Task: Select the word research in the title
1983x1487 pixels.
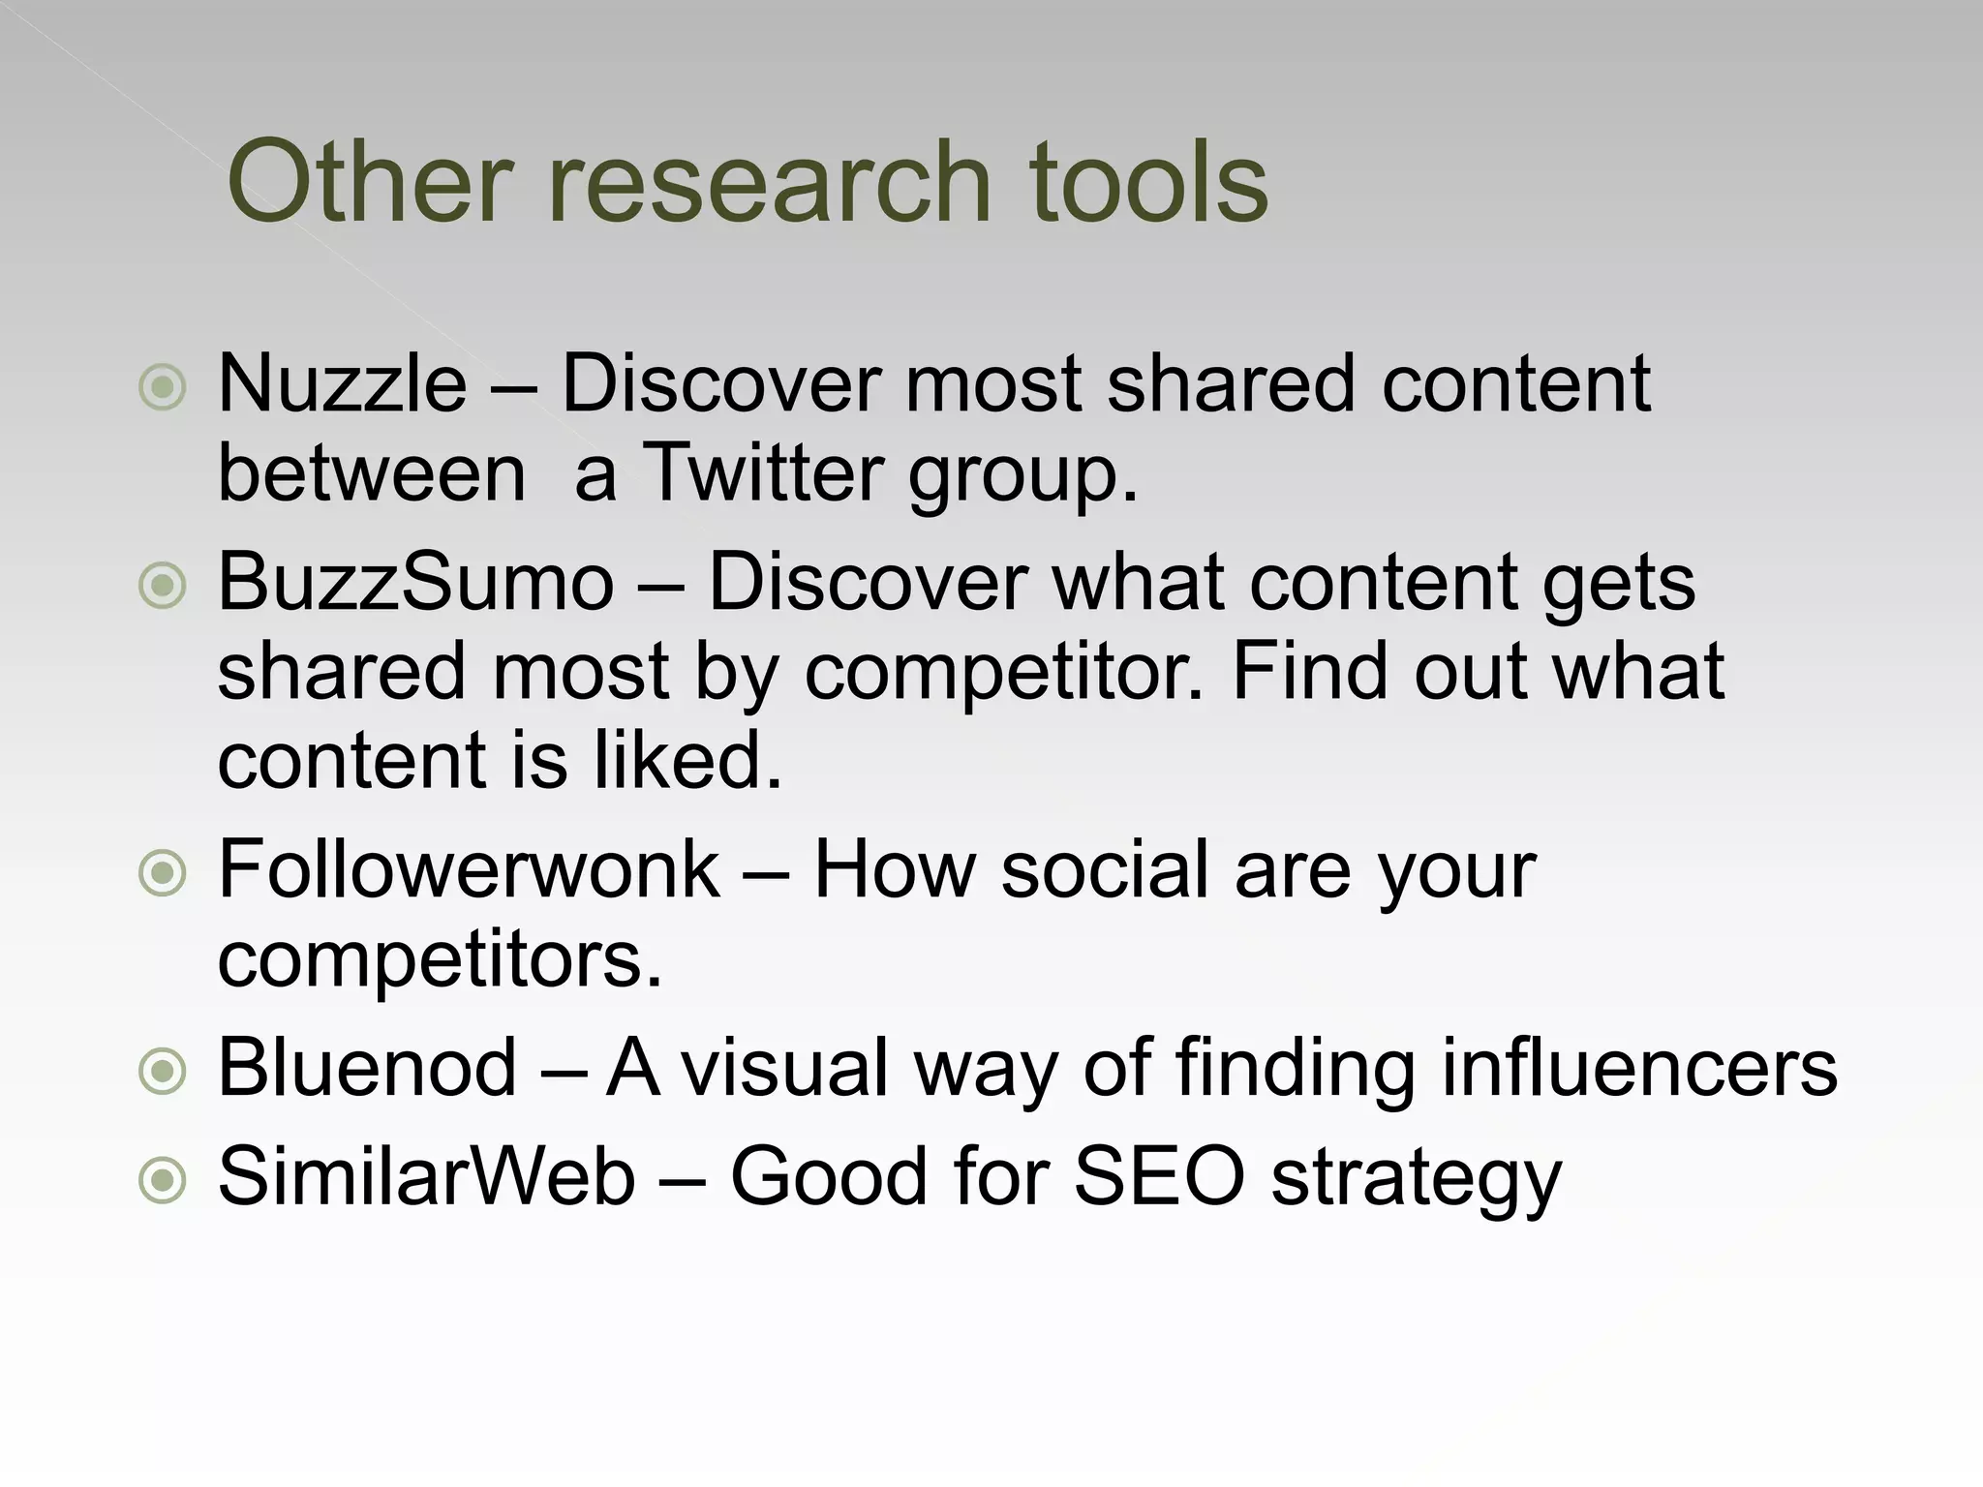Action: (770, 182)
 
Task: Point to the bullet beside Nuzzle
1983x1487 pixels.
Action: (163, 388)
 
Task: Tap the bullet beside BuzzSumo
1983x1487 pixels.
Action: (163, 586)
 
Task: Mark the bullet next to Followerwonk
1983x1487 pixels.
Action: (163, 874)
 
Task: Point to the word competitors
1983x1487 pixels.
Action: (441, 960)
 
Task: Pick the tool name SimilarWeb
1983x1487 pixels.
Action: (427, 1176)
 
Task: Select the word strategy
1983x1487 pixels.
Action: (1417, 1179)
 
